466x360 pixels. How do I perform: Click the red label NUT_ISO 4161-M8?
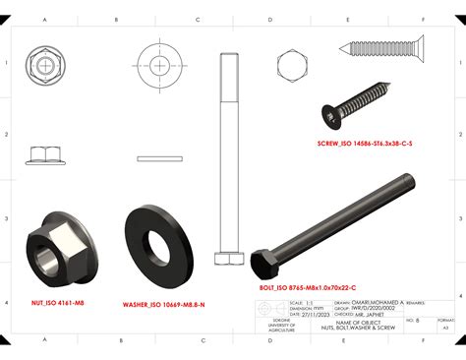tap(56, 305)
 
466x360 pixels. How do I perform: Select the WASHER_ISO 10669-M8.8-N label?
tap(163, 305)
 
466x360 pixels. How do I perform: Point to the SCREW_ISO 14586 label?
tap(365, 144)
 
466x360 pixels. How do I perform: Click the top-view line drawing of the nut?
tap(45, 68)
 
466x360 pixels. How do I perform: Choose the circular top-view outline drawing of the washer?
tap(160, 67)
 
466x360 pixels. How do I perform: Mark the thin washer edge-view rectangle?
tap(160, 156)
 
